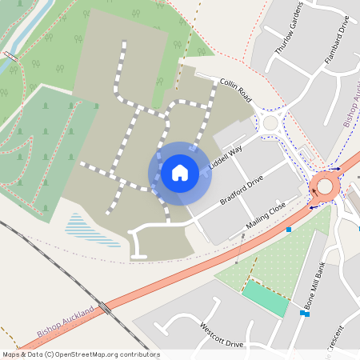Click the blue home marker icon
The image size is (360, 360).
point(180,172)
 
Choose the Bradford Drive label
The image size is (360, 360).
point(242,190)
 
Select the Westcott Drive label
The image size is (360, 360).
point(222,336)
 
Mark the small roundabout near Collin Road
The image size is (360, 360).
point(269,123)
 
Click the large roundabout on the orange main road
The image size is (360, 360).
point(325,186)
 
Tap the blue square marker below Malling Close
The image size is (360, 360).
point(289,230)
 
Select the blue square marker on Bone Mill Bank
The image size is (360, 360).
point(305,314)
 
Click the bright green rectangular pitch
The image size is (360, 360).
point(265,298)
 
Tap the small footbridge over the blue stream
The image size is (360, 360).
point(10,55)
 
